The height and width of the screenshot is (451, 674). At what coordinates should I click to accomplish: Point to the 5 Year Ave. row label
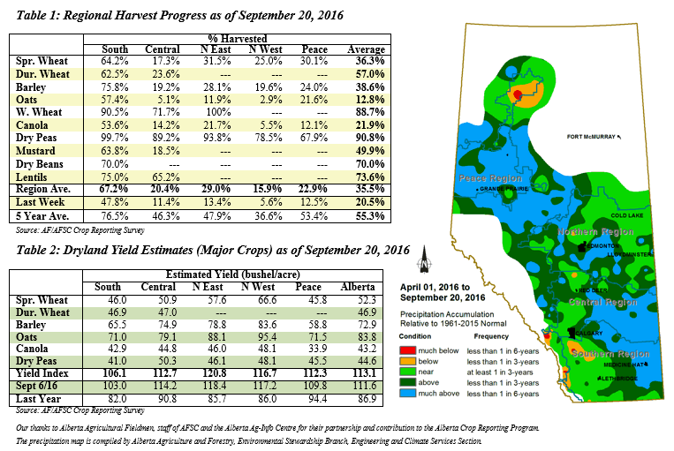coord(43,215)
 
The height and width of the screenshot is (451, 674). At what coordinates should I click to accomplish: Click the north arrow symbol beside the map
coord(427,259)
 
